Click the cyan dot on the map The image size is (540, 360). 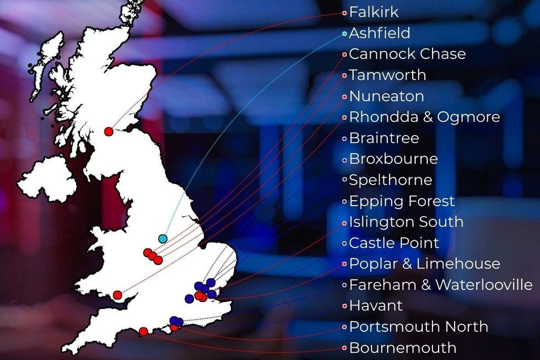(x=163, y=239)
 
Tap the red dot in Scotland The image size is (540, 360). (x=109, y=131)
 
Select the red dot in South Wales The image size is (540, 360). (x=117, y=295)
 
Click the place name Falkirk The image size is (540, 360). (x=374, y=12)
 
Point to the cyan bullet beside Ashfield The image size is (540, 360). (x=344, y=34)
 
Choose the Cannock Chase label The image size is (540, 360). (x=407, y=54)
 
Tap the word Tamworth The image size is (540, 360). (x=387, y=75)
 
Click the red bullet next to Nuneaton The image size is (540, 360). (x=344, y=96)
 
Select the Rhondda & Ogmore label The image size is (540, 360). (x=424, y=117)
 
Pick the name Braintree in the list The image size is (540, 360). (x=384, y=138)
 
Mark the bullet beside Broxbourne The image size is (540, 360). (x=344, y=159)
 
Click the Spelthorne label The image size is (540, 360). (x=391, y=180)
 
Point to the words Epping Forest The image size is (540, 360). (x=402, y=201)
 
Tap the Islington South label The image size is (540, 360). (x=406, y=222)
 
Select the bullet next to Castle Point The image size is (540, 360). (x=344, y=243)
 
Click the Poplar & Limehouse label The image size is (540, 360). (x=424, y=264)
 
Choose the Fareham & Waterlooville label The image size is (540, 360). (x=441, y=285)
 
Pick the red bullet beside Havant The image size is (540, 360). (x=344, y=306)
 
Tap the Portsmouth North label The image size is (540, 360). (x=418, y=327)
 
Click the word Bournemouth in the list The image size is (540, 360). (x=403, y=348)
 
